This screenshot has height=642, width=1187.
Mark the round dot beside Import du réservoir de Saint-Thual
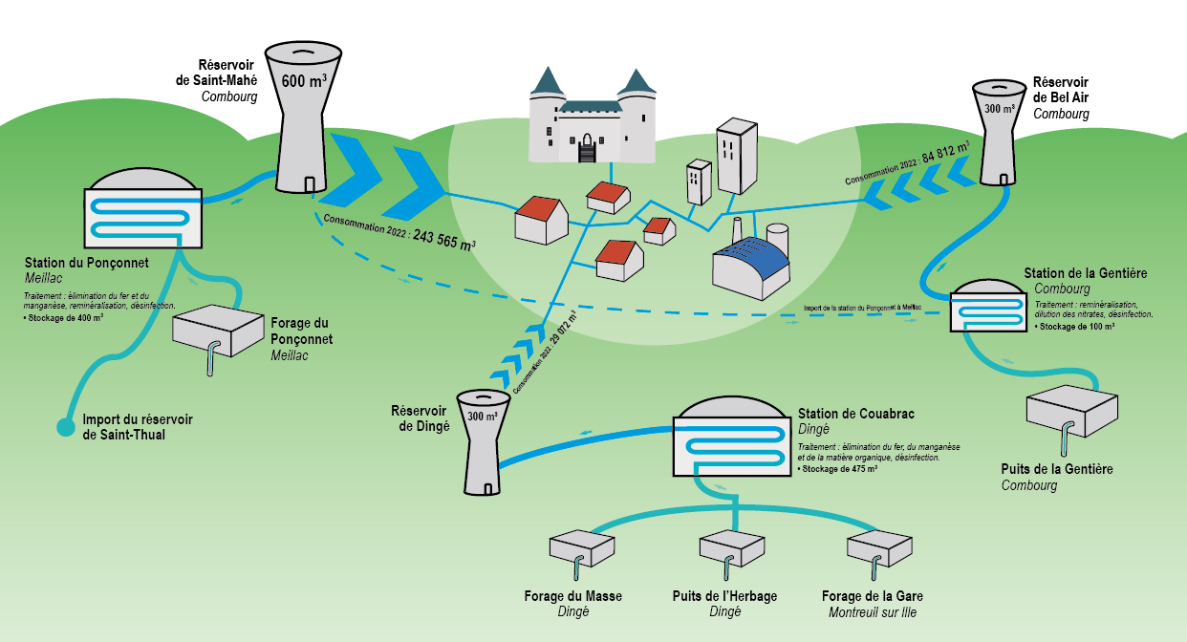coord(65,428)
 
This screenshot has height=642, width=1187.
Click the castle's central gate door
coord(585,150)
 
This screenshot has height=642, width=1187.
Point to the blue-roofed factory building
coord(752,267)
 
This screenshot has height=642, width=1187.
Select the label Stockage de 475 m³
coord(838,469)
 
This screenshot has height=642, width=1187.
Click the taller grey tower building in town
coord(737,157)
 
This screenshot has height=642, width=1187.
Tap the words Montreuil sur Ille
coord(873,612)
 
